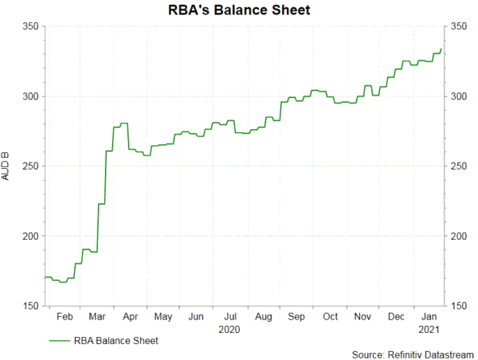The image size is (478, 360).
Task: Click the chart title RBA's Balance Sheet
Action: (x=240, y=10)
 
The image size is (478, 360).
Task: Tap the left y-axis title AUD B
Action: (x=9, y=165)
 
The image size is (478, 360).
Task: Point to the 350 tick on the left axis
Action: (x=29, y=26)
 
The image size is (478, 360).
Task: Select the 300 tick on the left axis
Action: (x=29, y=96)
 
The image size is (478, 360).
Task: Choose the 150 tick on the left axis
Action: (x=29, y=307)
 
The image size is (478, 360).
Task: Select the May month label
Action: (x=163, y=316)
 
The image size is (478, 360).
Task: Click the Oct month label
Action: (x=329, y=316)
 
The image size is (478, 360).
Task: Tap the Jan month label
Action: (x=429, y=316)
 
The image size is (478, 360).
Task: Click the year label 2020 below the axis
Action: (x=229, y=328)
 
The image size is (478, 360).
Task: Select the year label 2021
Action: (x=429, y=328)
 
